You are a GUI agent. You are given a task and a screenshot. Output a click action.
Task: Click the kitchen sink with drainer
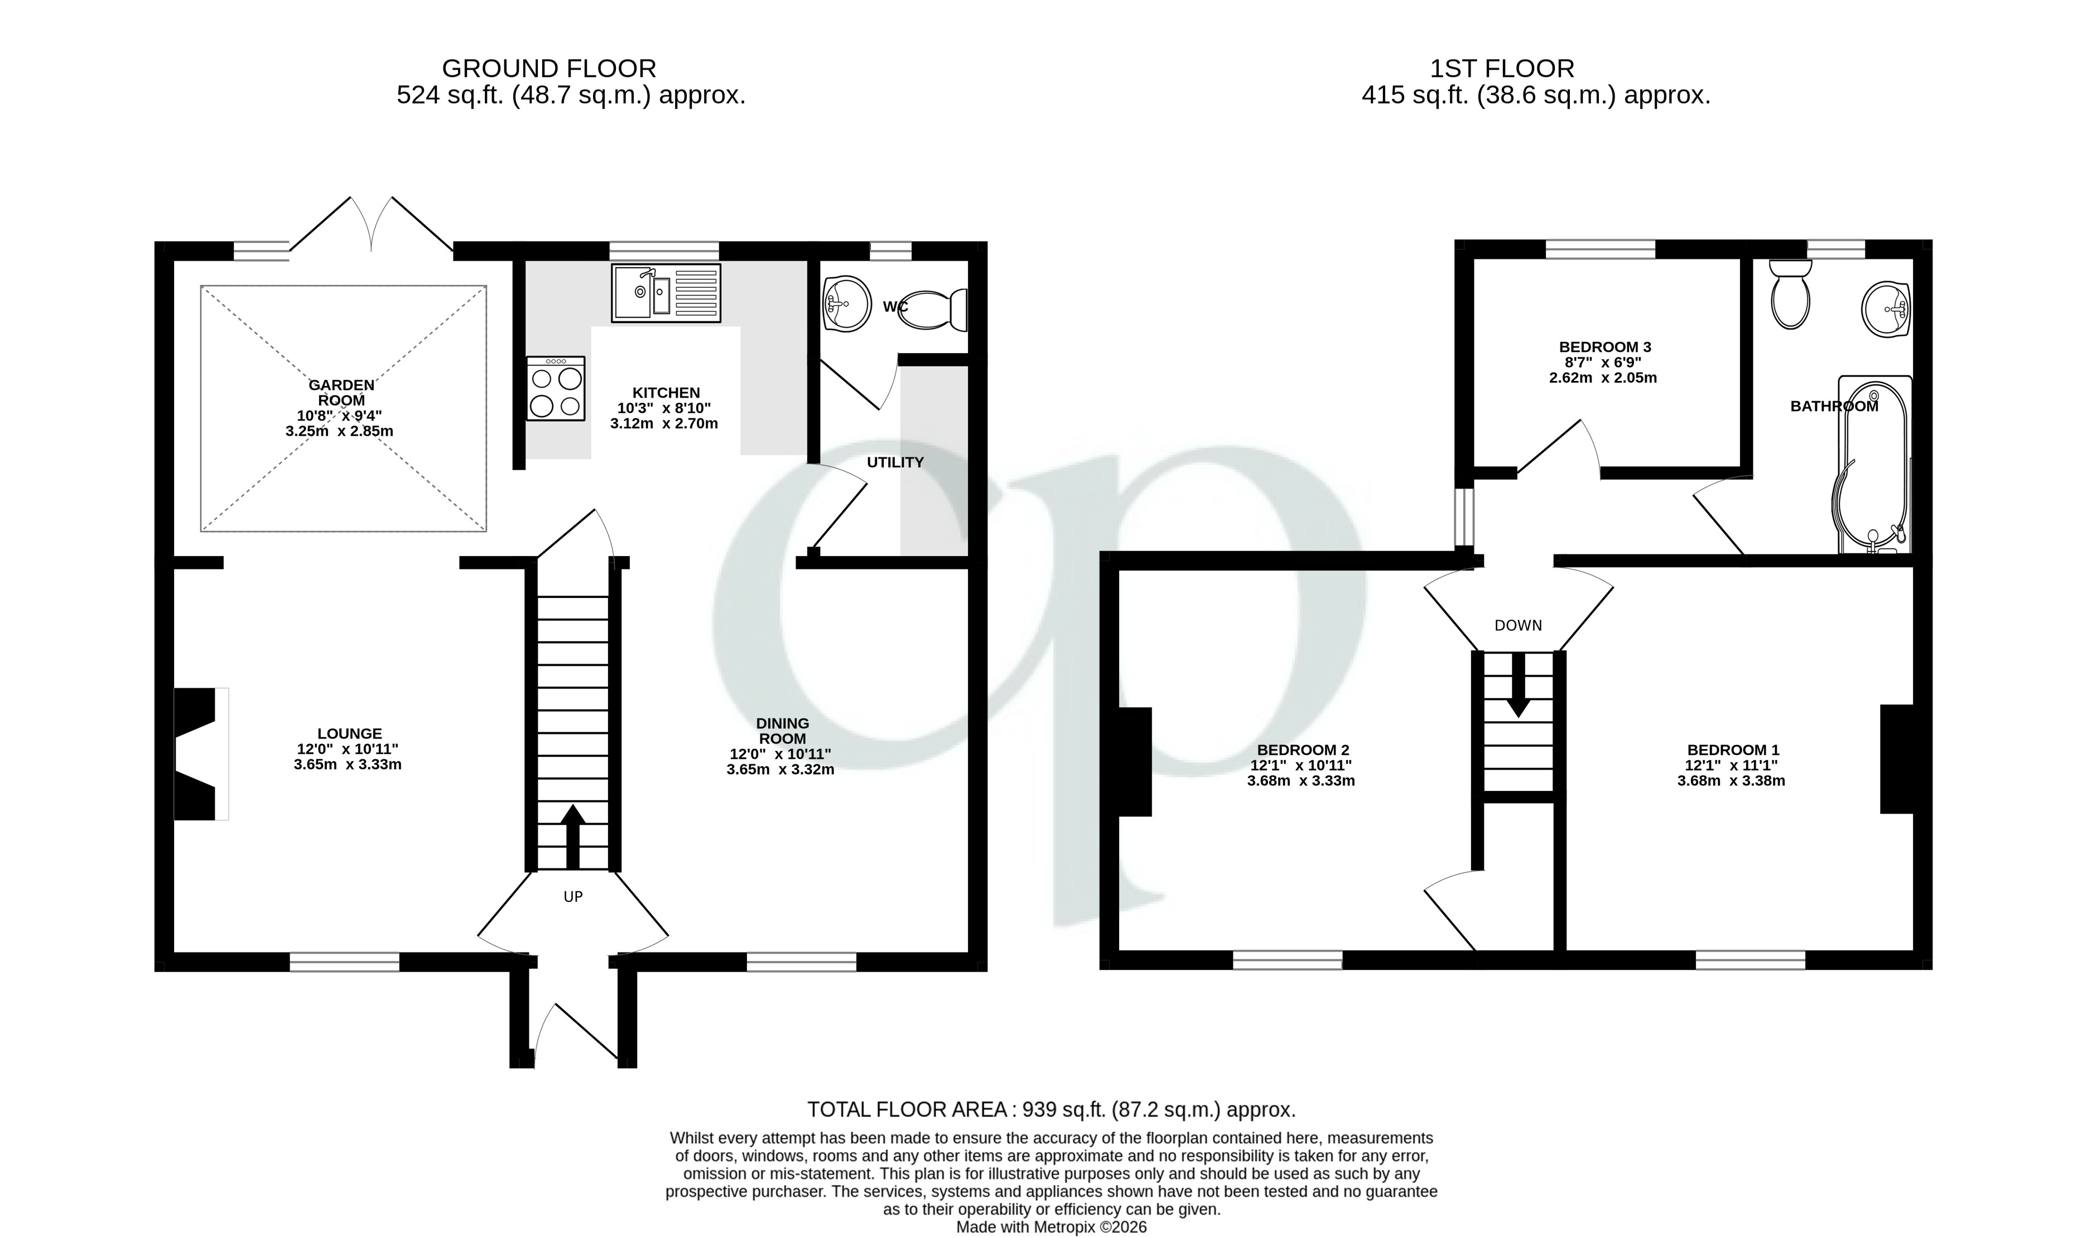click(666, 293)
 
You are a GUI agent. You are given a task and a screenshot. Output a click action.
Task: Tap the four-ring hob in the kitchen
click(555, 388)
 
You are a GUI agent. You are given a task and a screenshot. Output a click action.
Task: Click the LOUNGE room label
click(349, 733)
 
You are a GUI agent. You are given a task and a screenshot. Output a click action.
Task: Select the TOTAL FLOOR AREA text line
click(1050, 1109)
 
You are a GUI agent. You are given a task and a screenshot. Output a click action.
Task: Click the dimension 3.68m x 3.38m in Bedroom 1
click(1731, 781)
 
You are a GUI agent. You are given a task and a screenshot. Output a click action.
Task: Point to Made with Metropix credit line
click(1050, 1227)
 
